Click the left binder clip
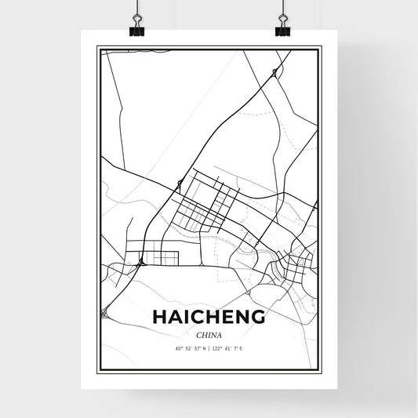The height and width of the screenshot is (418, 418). click(x=136, y=30)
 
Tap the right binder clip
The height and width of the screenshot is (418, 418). click(x=282, y=30)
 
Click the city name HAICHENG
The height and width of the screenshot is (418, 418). click(x=209, y=317)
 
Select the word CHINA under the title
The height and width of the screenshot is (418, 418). click(x=209, y=333)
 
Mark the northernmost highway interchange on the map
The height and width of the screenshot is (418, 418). click(x=274, y=72)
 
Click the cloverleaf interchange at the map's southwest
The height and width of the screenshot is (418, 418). click(x=104, y=314)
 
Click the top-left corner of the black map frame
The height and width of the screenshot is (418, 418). click(x=97, y=47)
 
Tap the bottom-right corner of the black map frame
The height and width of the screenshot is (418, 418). click(x=321, y=373)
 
